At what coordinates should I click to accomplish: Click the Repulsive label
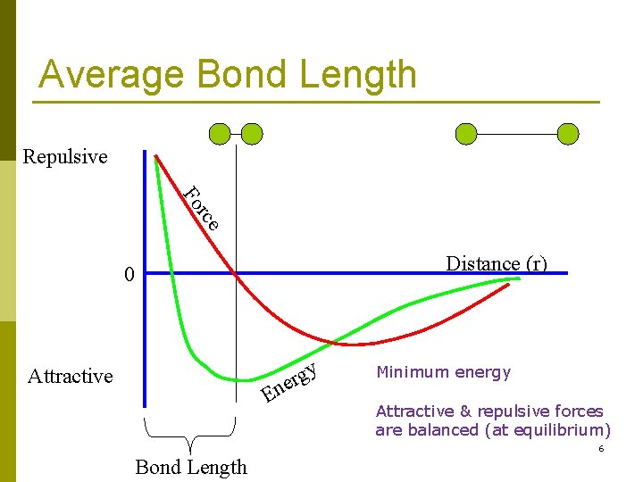[64, 157]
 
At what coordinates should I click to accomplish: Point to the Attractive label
[71, 376]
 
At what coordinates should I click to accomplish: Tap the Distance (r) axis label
[496, 263]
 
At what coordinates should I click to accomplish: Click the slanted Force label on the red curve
[201, 207]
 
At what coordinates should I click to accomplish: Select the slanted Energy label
[289, 381]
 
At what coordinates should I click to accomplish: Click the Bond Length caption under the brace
[191, 467]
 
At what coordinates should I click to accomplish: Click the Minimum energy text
[443, 372]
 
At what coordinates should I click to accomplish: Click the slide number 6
[601, 449]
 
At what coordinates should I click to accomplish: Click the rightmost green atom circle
[568, 134]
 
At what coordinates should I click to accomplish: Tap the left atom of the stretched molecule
[466, 134]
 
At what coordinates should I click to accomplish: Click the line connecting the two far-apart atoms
[517, 134]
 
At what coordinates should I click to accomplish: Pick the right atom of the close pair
[252, 134]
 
